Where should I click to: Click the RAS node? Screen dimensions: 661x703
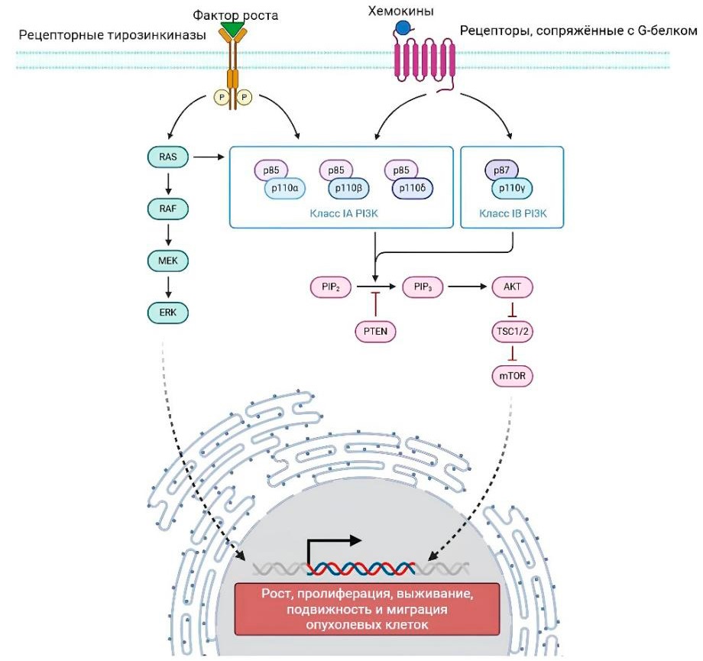coord(167,158)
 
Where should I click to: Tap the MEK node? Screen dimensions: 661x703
coord(167,261)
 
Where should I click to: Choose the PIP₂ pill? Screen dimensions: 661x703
coord(330,288)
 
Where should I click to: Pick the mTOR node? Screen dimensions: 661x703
coord(512,376)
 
